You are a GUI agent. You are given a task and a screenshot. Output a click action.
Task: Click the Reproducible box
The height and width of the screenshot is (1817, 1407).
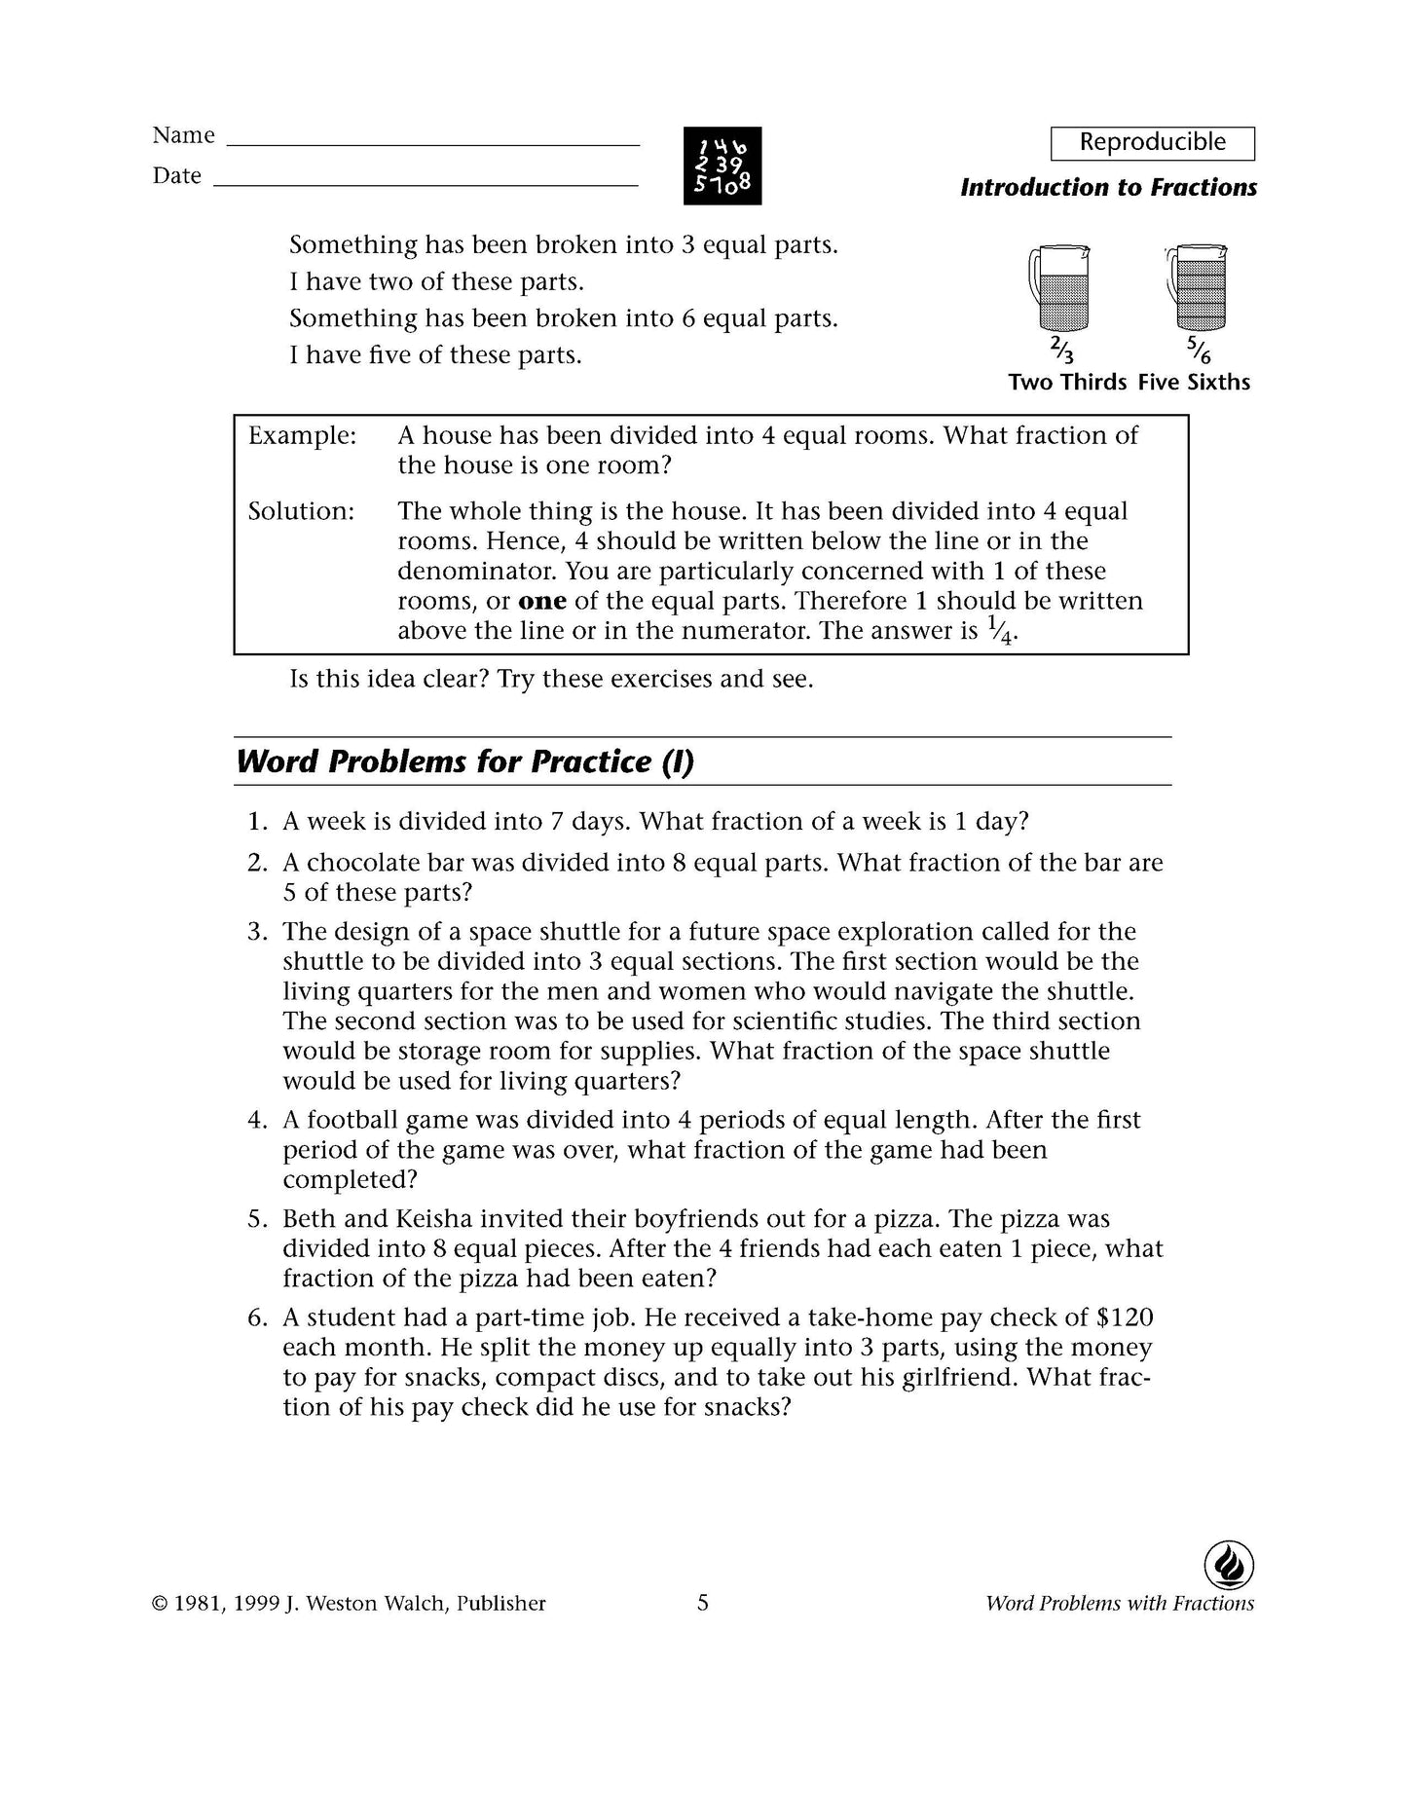1152,143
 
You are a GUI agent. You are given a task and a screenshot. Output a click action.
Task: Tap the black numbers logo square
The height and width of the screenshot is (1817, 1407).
722,166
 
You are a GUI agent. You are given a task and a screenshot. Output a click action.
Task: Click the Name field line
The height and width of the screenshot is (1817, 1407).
432,143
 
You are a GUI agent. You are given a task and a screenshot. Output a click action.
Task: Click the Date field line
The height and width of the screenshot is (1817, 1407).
426,183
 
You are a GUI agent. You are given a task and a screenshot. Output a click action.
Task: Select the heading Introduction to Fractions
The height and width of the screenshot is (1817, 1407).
1108,188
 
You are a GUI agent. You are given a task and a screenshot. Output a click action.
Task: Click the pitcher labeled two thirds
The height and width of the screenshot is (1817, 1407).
1059,288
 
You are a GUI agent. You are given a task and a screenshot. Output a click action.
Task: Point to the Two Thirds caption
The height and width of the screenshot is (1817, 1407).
1067,383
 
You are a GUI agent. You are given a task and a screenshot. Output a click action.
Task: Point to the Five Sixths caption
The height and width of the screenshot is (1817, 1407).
1194,383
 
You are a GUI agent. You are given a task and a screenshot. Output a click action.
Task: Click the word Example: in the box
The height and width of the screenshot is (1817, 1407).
302,436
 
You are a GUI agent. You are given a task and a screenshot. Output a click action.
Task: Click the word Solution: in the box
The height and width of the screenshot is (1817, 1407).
301,512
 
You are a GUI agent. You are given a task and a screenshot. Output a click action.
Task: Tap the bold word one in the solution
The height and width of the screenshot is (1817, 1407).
542,602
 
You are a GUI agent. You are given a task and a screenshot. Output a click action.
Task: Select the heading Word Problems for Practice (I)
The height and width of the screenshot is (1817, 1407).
464,761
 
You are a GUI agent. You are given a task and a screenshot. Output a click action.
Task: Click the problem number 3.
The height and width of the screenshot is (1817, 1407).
256,932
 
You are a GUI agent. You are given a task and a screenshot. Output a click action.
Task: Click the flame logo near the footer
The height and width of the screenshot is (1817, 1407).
1229,1566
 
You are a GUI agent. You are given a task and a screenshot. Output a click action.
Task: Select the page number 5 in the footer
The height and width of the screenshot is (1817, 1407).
703,1603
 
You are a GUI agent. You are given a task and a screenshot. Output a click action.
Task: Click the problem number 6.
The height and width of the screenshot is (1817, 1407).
256,1318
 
